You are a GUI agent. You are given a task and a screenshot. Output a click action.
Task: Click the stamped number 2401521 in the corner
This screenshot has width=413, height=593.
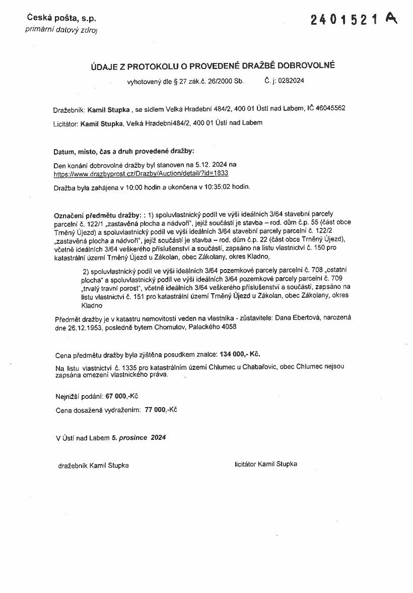pyautogui.click(x=345, y=20)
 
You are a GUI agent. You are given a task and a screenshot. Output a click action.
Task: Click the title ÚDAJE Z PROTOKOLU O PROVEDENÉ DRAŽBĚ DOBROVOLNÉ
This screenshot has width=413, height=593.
pyautogui.click(x=213, y=65)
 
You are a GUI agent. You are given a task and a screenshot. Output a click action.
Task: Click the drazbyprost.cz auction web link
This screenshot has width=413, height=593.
pyautogui.click(x=141, y=173)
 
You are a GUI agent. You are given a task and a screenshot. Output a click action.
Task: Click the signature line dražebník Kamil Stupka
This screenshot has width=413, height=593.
pyautogui.click(x=94, y=466)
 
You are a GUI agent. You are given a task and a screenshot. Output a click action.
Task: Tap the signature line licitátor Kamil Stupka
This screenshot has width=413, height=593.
pyautogui.click(x=265, y=464)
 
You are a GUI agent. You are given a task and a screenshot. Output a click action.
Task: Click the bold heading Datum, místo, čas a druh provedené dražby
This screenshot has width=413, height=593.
pyautogui.click(x=123, y=151)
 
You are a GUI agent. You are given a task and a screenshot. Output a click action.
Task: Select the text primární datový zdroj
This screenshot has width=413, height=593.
pyautogui.click(x=61, y=30)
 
